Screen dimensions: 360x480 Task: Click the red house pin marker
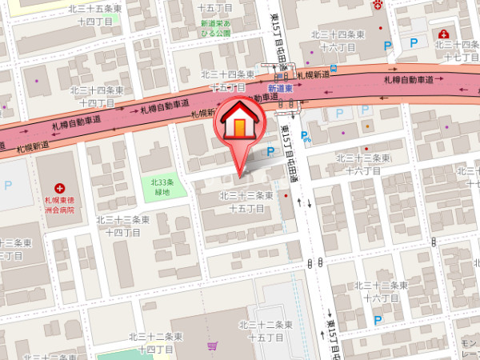[239, 124]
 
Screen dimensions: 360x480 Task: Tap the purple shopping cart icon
[212, 346]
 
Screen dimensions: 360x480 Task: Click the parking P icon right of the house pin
[270, 151]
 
